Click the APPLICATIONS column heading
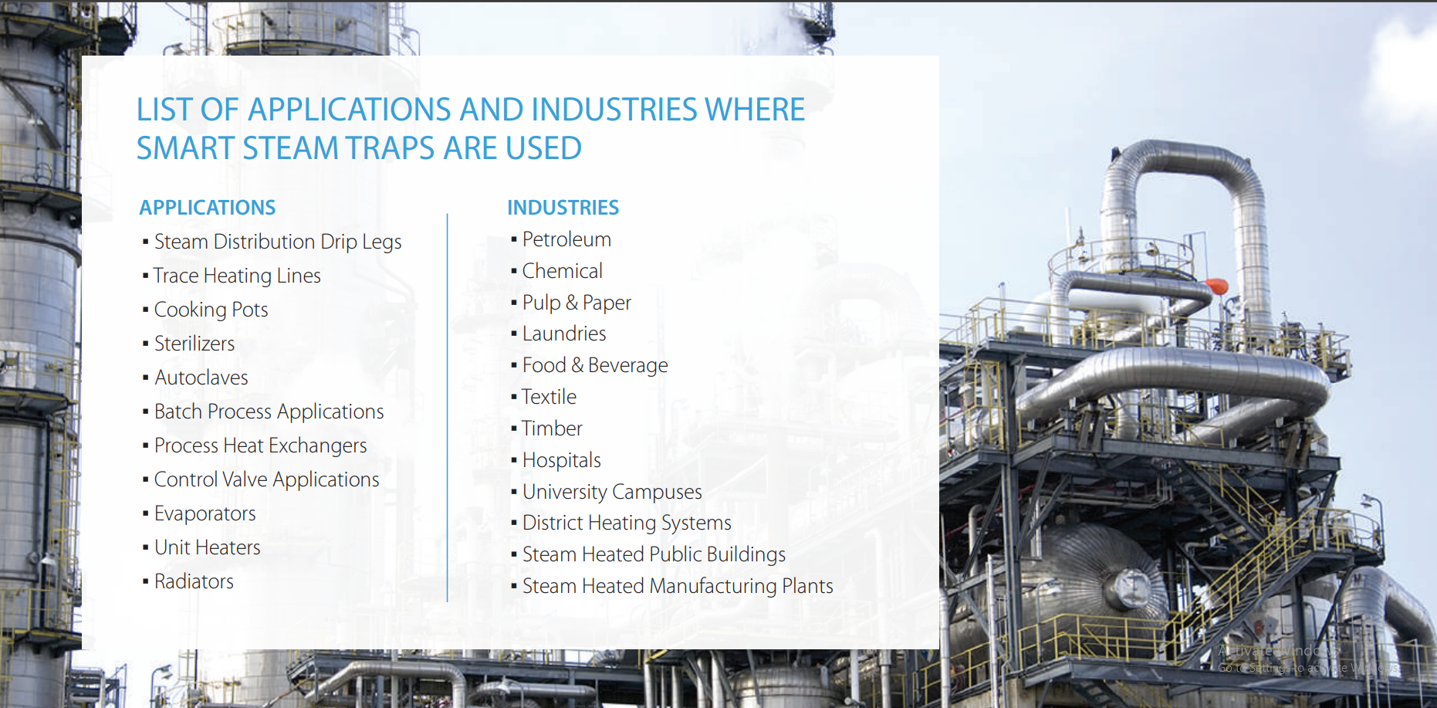coord(207,208)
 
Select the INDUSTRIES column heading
coord(563,208)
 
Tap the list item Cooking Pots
coord(211,310)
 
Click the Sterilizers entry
coord(194,344)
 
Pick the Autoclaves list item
coord(201,378)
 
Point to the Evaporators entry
coord(205,513)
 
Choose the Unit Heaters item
coord(208,547)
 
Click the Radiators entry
coord(194,581)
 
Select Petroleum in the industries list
coord(566,239)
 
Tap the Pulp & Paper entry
coord(576,303)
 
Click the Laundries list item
coord(564,334)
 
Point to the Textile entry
coord(549,397)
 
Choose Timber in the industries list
coord(552,429)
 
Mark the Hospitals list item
coord(561,460)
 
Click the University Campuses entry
coord(612,492)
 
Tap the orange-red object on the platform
coord(1216,286)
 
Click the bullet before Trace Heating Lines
coord(146,276)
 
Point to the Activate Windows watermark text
coord(1277,651)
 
